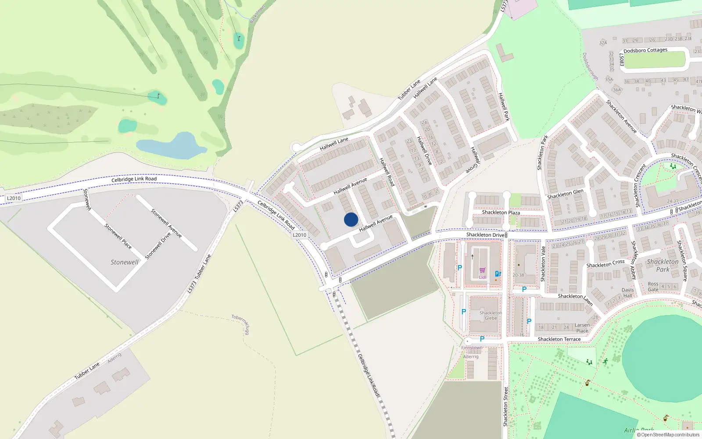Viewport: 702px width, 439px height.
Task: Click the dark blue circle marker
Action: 351,219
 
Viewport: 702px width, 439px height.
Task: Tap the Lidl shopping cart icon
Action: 483,270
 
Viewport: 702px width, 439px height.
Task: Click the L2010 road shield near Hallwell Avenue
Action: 300,235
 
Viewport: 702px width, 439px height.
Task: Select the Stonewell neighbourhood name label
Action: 124,262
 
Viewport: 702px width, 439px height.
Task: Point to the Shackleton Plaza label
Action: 501,212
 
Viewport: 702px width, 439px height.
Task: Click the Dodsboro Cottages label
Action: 645,50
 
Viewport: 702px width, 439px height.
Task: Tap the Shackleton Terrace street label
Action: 559,339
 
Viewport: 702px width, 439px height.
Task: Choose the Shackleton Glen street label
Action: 565,194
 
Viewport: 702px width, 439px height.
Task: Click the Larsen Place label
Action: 582,328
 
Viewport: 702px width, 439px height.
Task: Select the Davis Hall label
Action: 627,293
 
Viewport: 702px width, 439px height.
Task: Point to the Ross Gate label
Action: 653,287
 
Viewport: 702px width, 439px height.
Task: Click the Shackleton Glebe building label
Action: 491,315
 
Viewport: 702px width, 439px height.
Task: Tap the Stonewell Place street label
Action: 118,236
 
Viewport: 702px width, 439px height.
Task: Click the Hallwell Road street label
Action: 387,172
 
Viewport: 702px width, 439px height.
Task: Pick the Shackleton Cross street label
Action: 605,264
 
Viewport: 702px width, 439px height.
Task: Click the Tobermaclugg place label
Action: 240,324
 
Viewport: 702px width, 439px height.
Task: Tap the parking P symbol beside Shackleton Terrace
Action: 482,339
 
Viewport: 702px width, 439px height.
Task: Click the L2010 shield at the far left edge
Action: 14,198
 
